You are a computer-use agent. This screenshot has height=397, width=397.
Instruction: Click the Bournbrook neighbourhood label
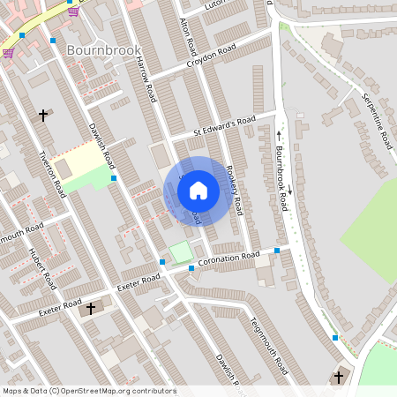click(x=103, y=50)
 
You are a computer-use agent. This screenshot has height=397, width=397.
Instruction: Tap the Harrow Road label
click(x=146, y=76)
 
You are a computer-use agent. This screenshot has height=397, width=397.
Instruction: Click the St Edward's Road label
click(x=224, y=127)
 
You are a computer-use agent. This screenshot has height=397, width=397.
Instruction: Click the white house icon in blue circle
click(x=198, y=190)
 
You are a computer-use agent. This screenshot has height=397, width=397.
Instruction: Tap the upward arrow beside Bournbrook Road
click(x=279, y=135)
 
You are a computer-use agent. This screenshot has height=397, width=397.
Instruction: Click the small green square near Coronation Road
click(x=182, y=252)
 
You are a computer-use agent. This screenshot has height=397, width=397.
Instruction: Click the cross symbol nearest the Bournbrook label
click(x=43, y=115)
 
